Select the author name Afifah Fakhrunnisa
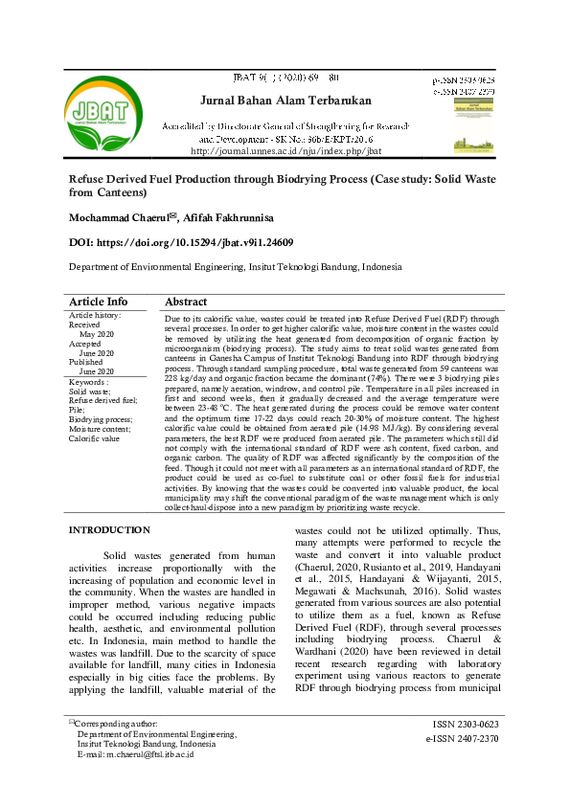pos(231,218)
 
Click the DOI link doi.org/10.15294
pos(181,243)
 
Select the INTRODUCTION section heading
pos(110,529)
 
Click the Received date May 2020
pos(96,334)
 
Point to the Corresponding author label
pos(115,725)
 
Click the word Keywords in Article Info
pos(89,382)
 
